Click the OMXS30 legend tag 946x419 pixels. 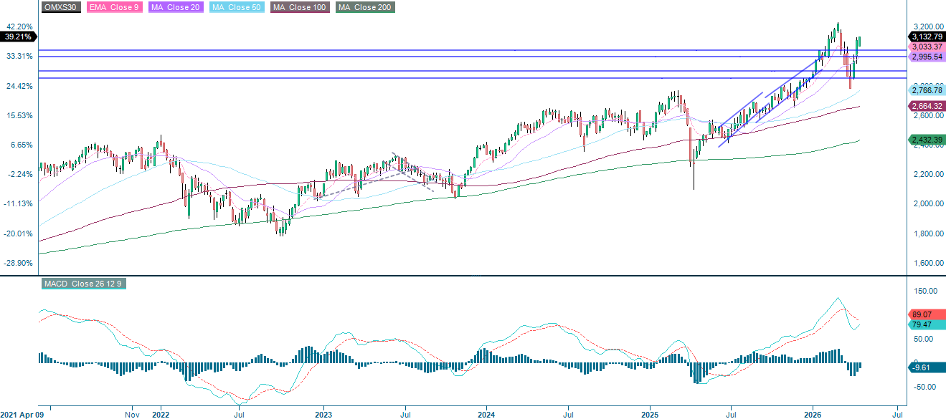(61, 8)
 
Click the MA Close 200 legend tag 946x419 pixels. (365, 8)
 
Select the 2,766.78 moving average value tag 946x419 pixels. (927, 90)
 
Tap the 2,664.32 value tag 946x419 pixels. (927, 107)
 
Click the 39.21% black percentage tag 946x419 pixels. (17, 36)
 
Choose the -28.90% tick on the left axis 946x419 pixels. (19, 264)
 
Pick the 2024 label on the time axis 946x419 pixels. (486, 414)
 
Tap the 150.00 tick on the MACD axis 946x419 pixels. (925, 292)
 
